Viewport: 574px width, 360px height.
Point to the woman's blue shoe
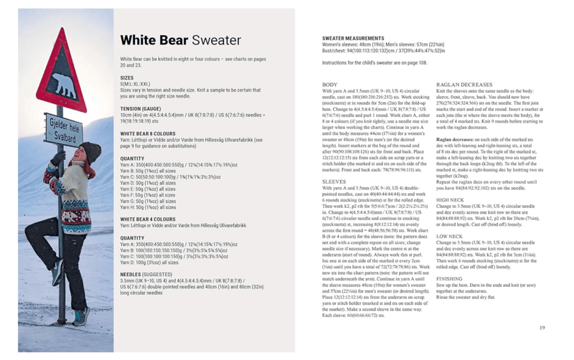[81, 316]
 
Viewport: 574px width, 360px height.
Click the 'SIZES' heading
[126, 77]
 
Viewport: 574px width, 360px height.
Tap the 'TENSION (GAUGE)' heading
[141, 108]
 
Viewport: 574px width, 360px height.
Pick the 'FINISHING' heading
[450, 278]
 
